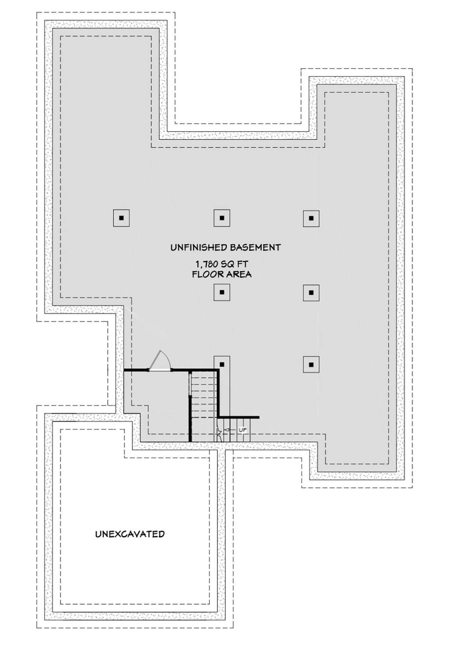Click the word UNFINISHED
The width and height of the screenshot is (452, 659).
coord(198,248)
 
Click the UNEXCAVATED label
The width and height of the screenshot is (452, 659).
coord(130,534)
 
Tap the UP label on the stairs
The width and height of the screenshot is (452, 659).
coord(243,430)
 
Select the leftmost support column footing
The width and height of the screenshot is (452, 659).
coord(121,218)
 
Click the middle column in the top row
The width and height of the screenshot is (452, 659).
coord(222,218)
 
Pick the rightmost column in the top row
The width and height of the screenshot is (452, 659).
coord(311,218)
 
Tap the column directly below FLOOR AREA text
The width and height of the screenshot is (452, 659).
coord(222,292)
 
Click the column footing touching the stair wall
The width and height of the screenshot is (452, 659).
coord(222,364)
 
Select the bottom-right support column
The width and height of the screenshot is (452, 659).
coord(311,365)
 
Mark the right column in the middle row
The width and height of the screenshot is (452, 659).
coord(311,293)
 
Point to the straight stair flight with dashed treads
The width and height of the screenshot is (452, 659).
coord(203,406)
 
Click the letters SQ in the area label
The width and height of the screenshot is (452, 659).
coord(228,264)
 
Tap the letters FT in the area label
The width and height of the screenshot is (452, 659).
coord(243,264)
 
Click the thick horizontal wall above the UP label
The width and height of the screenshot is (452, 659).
coord(238,417)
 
